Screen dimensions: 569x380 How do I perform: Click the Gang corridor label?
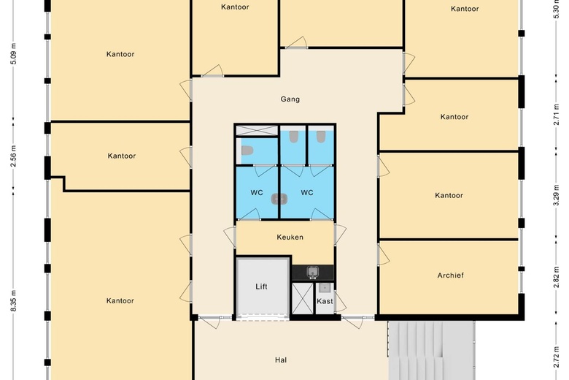pos(290,99)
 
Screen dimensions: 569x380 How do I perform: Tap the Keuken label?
pos(290,237)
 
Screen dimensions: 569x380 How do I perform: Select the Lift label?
pos(261,286)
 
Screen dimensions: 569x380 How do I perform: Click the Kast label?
pos(325,301)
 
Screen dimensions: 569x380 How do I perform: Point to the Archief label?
pos(450,275)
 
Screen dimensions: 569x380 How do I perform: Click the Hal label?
pos(281,360)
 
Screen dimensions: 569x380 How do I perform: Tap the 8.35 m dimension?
pos(13,300)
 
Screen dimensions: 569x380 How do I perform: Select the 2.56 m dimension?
pos(13,156)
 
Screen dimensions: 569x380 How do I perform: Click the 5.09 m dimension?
pos(13,53)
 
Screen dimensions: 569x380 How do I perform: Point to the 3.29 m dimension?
pos(556,195)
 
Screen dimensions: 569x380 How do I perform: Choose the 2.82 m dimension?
pos(556,277)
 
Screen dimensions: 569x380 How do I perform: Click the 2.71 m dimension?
pos(556,115)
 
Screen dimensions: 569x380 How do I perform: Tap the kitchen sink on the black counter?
pos(312,272)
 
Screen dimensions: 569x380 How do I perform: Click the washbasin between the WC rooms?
pos(279,199)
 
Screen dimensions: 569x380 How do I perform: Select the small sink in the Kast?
pos(324,289)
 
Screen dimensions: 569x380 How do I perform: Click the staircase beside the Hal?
pos(431,351)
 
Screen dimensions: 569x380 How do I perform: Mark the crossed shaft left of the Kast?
pos(302,298)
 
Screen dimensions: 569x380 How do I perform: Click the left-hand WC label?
pos(257,192)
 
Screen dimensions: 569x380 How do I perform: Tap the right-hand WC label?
pos(306,192)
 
